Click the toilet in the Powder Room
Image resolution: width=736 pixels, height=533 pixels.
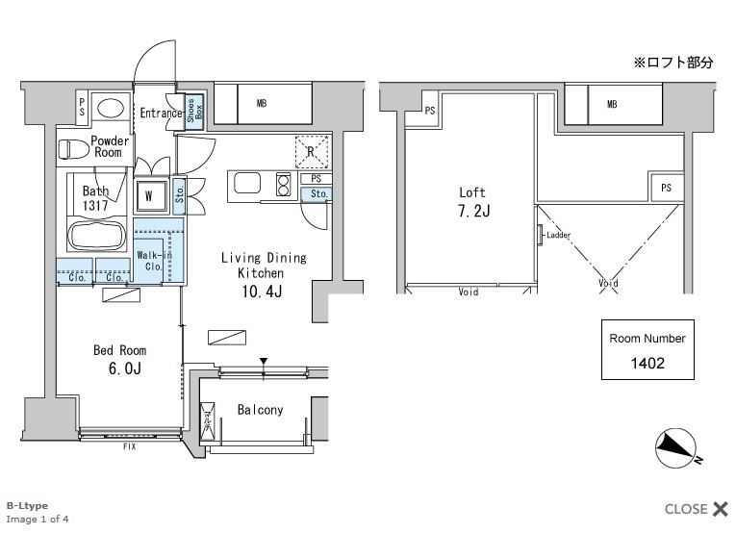pos(74,149)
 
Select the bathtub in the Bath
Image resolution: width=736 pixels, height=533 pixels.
pos(97,236)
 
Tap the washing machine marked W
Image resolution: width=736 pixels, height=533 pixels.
pos(150,195)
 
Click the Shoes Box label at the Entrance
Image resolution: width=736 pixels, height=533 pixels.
pos(194,111)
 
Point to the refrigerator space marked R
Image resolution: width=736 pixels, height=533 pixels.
pos(312,152)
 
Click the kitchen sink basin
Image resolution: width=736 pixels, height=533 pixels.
pos(247,183)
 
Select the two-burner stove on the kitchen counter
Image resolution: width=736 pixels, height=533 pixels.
pos(283,184)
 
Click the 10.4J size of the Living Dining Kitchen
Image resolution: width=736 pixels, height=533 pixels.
pos(262,292)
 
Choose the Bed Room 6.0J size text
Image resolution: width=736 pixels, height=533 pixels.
pos(125,368)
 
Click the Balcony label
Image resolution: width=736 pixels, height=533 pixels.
pos(260,410)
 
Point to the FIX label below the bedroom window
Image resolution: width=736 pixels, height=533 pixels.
pos(130,446)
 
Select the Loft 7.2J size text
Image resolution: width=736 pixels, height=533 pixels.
pos(474,211)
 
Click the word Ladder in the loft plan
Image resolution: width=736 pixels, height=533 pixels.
pos(559,235)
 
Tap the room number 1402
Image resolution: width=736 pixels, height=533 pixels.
pos(647,363)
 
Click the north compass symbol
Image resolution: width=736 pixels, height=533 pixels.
pos(676,449)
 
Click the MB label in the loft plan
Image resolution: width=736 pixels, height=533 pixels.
pos(612,104)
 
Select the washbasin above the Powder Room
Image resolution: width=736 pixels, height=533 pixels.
pos(111,109)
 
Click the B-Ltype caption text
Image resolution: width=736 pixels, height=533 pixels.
pos(27,506)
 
